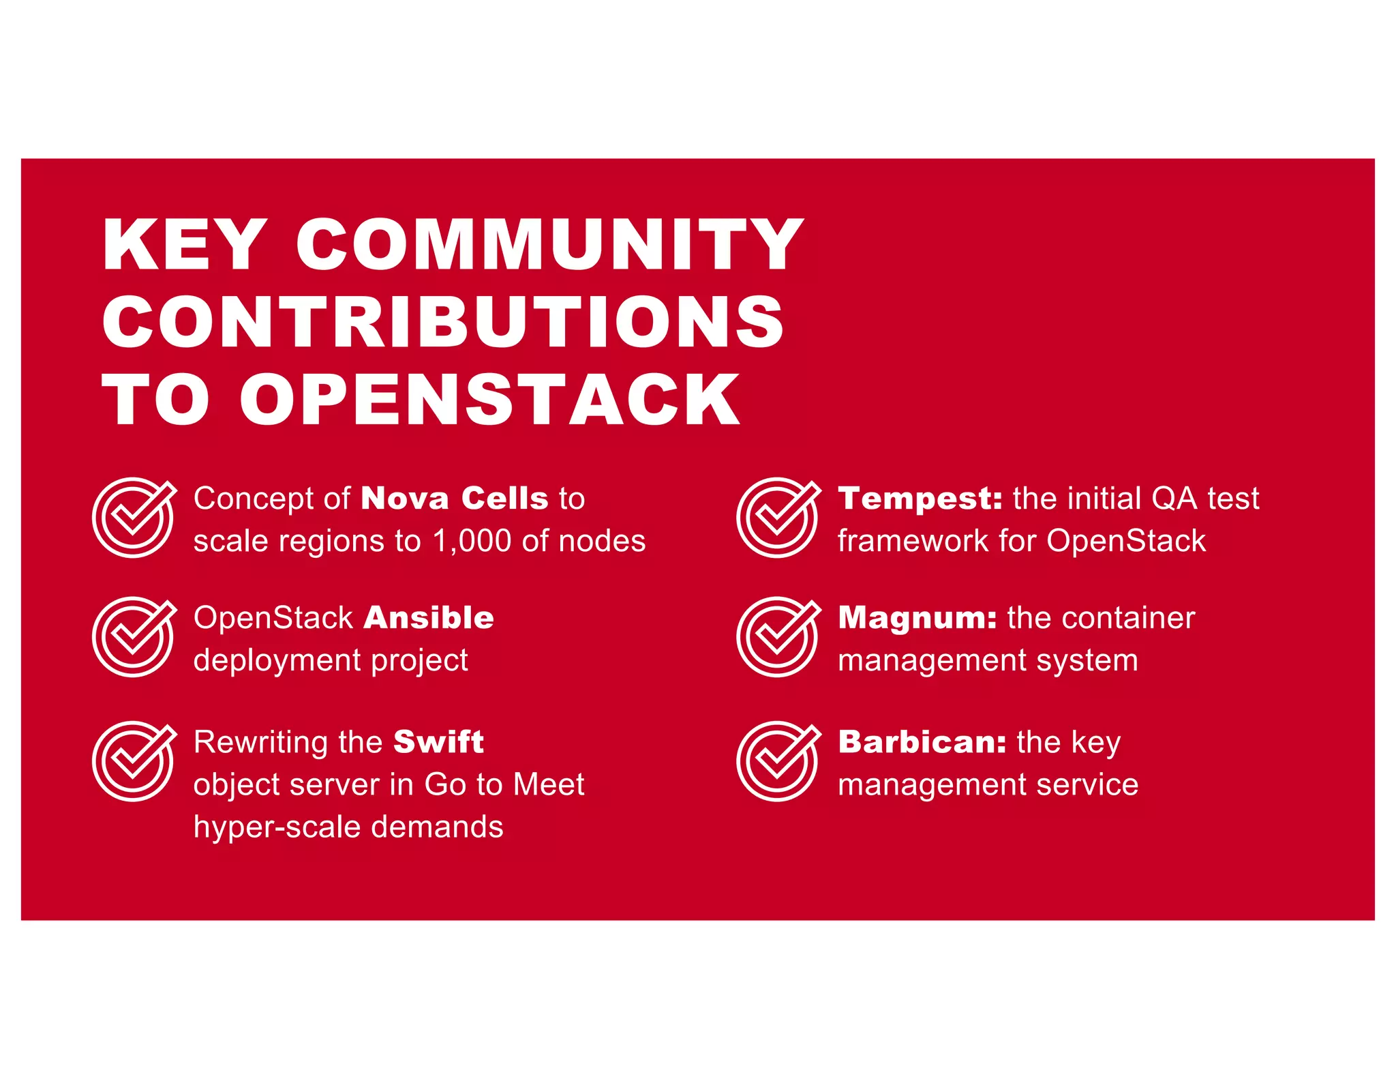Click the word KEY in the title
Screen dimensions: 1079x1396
(x=183, y=245)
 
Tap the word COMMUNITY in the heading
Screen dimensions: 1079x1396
(x=549, y=245)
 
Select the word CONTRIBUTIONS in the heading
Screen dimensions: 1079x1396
(x=443, y=322)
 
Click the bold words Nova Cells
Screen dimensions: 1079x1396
(x=454, y=499)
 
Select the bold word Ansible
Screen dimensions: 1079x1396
(x=429, y=618)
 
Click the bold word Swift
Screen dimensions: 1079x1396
(x=438, y=742)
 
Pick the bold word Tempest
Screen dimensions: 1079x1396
(x=920, y=499)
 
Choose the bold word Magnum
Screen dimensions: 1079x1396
(x=917, y=618)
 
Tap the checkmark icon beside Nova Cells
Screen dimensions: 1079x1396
(x=134, y=517)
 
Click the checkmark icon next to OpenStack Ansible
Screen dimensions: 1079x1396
(x=134, y=636)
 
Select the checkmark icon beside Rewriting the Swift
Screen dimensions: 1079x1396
(x=134, y=760)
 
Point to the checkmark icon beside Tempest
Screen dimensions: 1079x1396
(x=778, y=517)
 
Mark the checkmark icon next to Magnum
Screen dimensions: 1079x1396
(x=778, y=636)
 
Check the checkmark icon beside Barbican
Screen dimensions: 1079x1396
(x=778, y=760)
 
